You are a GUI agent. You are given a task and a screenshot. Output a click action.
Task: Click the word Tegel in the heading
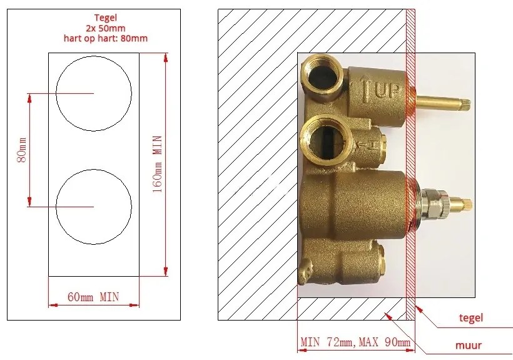pyautogui.click(x=105, y=18)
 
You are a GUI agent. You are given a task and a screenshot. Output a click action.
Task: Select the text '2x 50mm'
pyautogui.click(x=105, y=28)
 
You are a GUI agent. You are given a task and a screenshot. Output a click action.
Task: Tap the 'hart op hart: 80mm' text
pyautogui.click(x=105, y=38)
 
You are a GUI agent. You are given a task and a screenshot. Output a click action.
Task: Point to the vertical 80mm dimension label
pyautogui.click(x=22, y=150)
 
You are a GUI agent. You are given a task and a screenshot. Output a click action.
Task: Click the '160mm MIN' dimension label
pyautogui.click(x=158, y=164)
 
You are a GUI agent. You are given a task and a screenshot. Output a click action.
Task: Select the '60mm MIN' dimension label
pyautogui.click(x=93, y=297)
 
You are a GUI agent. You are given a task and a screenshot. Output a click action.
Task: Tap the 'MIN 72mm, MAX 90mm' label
pyautogui.click(x=355, y=342)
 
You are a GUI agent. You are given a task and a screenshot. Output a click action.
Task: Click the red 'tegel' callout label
pyautogui.click(x=471, y=318)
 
